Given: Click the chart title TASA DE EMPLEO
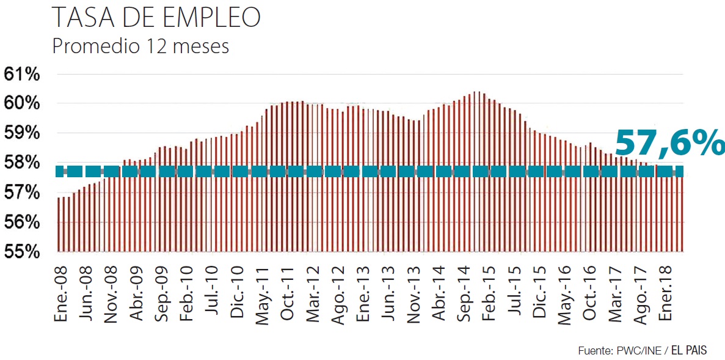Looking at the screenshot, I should click(156, 18).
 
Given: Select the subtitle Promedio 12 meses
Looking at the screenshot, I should click(140, 46).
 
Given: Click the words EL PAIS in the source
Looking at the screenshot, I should click(689, 350).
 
